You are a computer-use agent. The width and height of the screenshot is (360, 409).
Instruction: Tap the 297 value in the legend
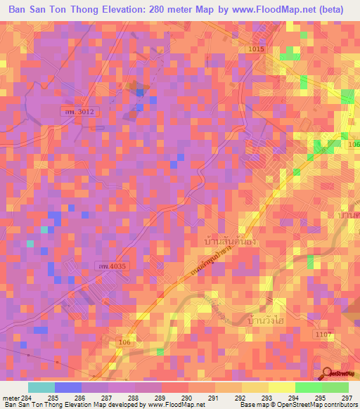[x=347, y=398]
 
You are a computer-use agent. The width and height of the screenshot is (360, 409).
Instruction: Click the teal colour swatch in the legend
[x=41, y=387]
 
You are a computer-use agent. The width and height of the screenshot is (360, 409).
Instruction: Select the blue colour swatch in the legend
[x=68, y=387]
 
